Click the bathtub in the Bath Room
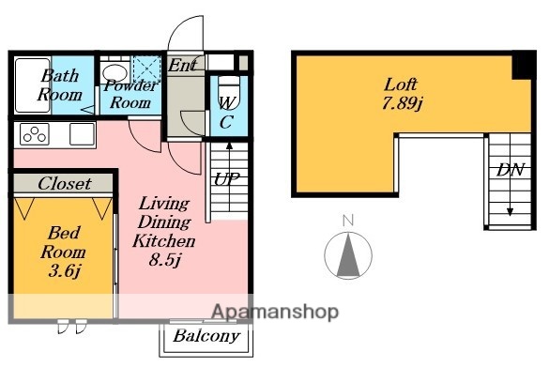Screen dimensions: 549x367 coord(33,85)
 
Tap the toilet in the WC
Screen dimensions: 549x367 coord(229,93)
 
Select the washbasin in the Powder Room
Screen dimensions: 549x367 coord(115,73)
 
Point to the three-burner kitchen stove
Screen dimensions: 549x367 coord(35,134)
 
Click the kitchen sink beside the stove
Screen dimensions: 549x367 coord(83,133)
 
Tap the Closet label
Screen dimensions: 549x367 coord(65,184)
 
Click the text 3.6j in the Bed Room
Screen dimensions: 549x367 coord(65,271)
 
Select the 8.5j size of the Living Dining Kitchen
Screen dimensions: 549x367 coord(164,260)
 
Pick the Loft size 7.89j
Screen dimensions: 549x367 coord(402,103)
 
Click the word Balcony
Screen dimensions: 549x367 coord(206,336)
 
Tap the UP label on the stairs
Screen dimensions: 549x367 coord(227,179)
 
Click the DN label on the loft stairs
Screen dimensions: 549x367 coord(511,170)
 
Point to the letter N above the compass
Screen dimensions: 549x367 coord(348,221)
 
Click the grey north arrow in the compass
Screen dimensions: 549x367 coord(348,255)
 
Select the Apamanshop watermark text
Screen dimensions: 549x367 coord(275,312)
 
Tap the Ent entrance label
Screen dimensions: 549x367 coord(183,65)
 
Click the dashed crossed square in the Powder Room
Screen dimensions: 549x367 coord(146,70)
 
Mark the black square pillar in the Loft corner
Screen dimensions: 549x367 coord(523,66)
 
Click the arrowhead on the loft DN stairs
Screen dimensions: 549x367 coord(511,212)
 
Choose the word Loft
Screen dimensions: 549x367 coord(401,84)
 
